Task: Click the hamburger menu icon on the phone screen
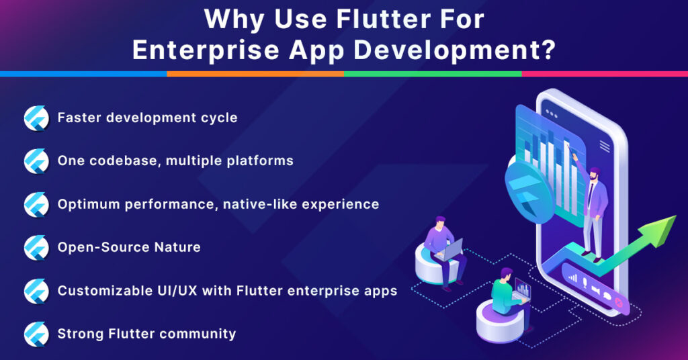click(x=605, y=145)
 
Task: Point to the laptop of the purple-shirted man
click(x=451, y=250)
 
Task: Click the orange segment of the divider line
click(x=255, y=73)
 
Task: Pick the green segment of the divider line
click(x=433, y=73)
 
